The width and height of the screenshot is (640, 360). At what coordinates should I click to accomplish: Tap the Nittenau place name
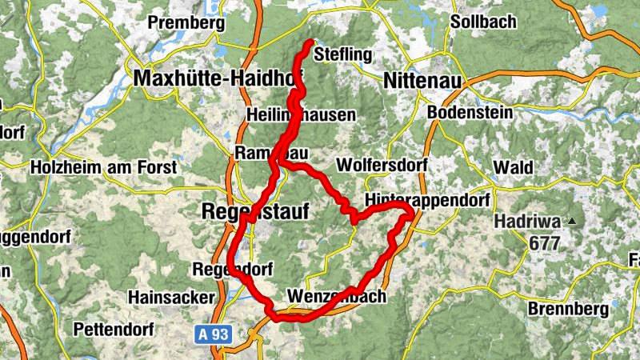424,80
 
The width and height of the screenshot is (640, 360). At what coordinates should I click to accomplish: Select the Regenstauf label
251,211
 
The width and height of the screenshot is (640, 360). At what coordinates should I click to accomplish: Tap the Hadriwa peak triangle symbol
572,221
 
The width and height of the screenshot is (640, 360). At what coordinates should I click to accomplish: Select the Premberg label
186,23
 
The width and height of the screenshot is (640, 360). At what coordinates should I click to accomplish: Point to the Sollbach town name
483,22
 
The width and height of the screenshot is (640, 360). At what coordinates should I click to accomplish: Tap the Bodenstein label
470,113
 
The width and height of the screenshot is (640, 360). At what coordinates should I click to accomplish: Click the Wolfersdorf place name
382,165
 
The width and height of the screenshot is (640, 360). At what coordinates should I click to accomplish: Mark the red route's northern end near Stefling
310,42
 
